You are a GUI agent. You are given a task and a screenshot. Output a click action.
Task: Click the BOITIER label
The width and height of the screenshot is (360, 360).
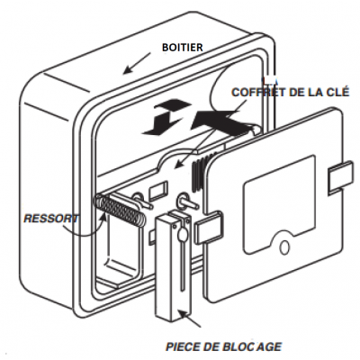[183, 48]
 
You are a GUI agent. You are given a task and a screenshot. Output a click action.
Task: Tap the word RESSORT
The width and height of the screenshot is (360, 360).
[51, 219]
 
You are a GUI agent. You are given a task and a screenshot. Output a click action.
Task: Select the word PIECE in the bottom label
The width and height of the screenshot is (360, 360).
[182, 346]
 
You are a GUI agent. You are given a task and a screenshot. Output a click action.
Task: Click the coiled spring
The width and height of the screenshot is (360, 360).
[120, 210]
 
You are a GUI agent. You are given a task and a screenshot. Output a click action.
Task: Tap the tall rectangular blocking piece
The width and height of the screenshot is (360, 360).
[172, 267]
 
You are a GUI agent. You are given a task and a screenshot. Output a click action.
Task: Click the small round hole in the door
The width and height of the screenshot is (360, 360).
[284, 247]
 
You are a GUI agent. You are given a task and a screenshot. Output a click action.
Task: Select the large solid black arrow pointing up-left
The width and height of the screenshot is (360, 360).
[222, 121]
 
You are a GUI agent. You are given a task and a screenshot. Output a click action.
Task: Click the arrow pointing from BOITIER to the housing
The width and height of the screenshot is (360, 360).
[137, 63]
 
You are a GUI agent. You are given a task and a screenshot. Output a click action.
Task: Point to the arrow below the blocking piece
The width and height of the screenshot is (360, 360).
[190, 319]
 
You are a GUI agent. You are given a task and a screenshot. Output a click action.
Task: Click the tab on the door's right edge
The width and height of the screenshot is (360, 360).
[341, 176]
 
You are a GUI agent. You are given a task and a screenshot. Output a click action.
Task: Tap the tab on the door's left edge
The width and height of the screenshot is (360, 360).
[209, 228]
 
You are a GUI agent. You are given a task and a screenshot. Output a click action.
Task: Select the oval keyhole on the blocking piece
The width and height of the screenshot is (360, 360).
[182, 233]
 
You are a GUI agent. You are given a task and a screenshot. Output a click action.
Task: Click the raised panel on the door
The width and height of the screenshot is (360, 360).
[279, 204]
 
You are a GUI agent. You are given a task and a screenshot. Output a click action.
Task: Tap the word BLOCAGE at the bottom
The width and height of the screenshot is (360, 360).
[252, 346]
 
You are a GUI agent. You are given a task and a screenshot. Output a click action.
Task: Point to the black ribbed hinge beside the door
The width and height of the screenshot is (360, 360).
[199, 173]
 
